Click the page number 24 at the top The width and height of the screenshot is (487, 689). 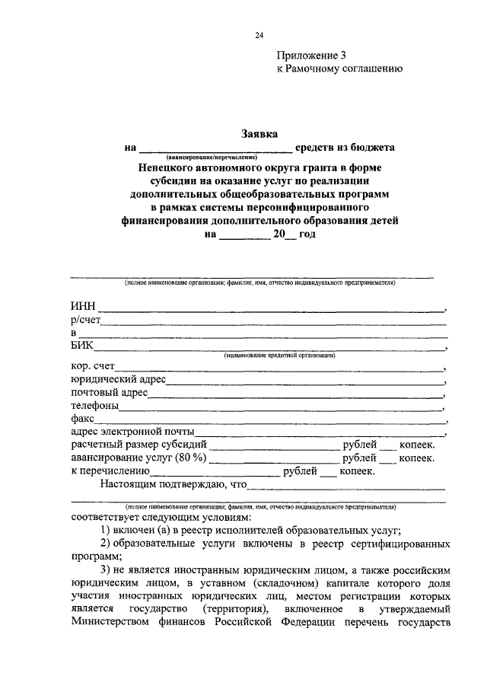click(259, 36)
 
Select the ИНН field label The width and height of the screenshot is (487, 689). click(82, 307)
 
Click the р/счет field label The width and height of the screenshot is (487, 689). click(86, 321)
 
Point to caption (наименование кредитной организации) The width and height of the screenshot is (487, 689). click(279, 356)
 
